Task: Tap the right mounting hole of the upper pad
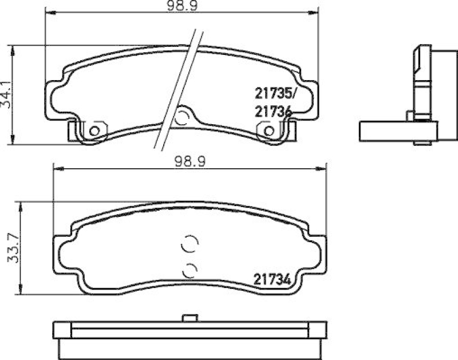(x=268, y=132)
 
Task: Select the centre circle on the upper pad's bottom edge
(x=182, y=118)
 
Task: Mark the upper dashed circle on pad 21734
(x=189, y=244)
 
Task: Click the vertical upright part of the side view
(x=422, y=80)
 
